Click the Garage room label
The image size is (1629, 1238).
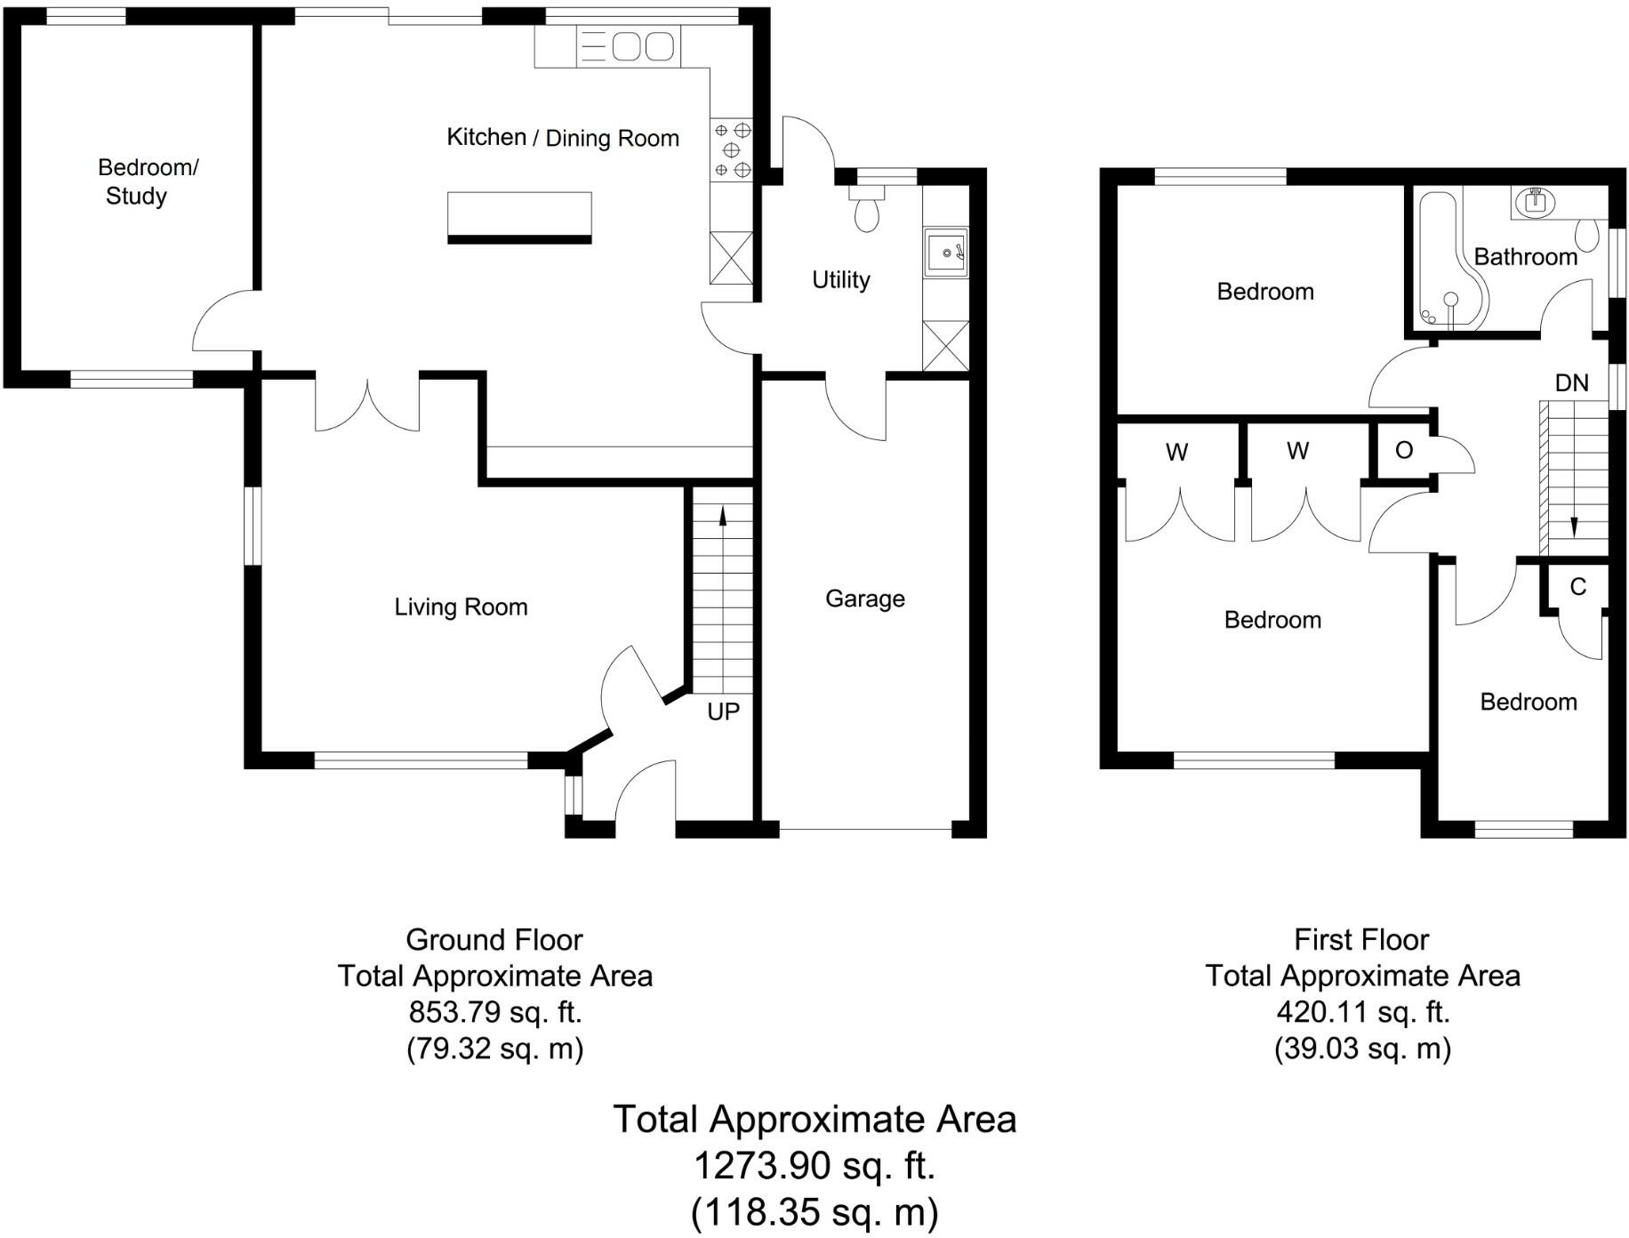pos(864,599)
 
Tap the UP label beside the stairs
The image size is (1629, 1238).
pos(723,711)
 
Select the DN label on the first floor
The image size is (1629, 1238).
pos(1571,383)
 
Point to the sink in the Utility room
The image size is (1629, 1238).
pos(946,253)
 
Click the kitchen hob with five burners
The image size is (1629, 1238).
pos(732,150)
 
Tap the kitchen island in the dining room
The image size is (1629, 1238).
pos(519,216)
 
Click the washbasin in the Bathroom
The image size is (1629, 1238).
pos(1537,202)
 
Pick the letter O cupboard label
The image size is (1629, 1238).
pos(1404,451)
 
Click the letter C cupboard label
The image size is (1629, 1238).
pos(1577,587)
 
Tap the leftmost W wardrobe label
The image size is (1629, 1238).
pos(1176,453)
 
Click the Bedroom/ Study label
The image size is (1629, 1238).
pos(147,181)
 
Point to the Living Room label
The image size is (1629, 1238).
pos(461,607)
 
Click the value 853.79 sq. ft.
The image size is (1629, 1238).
pos(494,1012)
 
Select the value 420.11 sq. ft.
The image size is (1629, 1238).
pos(1362,1012)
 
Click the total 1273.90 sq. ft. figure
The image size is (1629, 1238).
pos(814,1165)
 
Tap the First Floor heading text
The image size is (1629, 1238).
pos(1360,939)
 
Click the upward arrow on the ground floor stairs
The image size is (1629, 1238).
pos(722,517)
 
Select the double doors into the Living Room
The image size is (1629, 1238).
pos(367,406)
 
